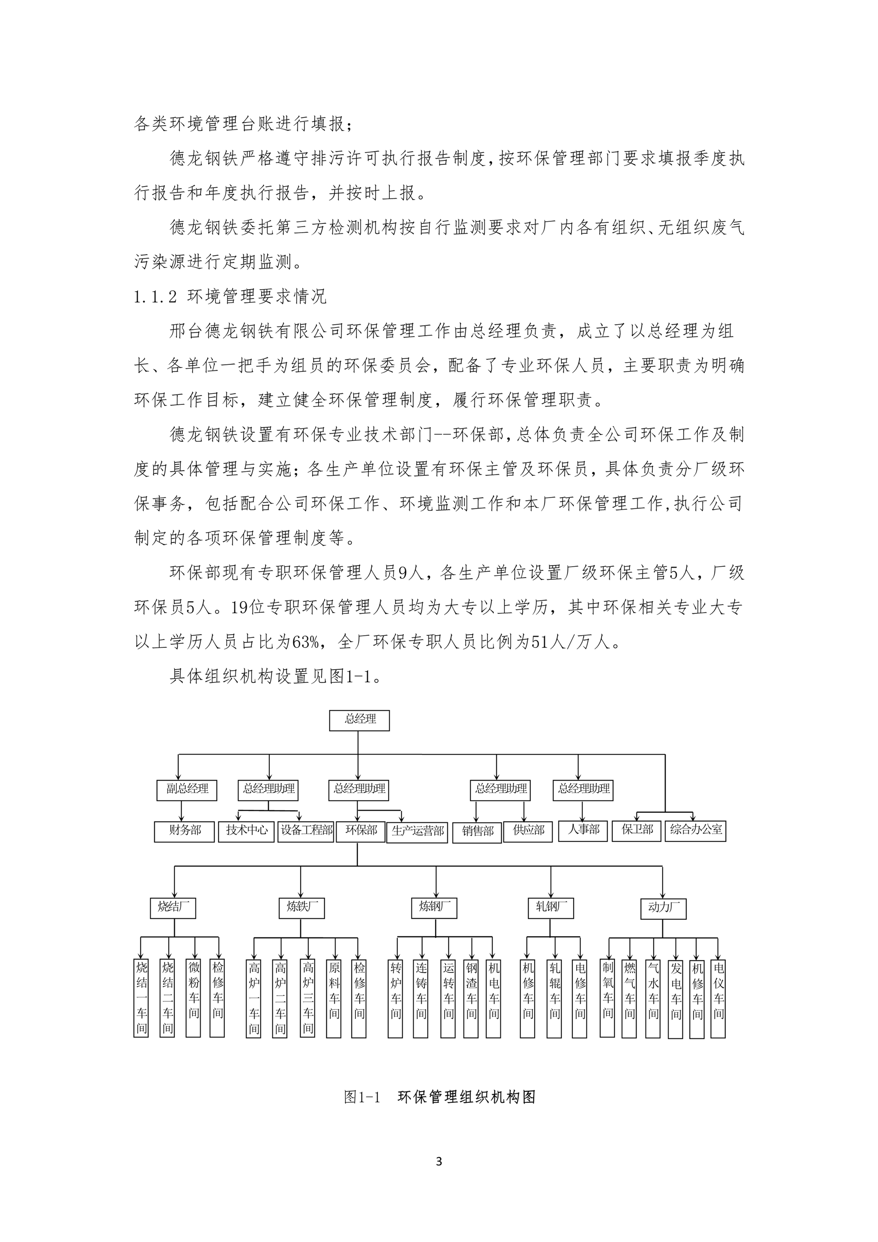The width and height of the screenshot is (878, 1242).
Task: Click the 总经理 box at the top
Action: [359, 720]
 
